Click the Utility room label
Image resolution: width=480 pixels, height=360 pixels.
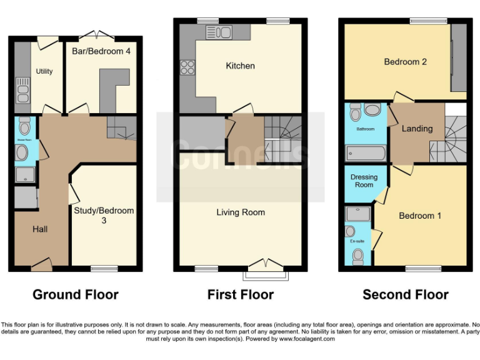44,71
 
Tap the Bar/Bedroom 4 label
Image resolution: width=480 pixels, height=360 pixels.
101,51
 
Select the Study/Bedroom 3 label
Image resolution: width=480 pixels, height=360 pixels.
104,216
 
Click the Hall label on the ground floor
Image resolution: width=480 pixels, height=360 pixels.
40,229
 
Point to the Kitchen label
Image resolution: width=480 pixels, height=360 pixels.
240,66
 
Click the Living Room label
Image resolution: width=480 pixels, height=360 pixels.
241,212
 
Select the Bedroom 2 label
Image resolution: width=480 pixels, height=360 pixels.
406,62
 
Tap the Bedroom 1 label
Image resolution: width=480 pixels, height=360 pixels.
421,216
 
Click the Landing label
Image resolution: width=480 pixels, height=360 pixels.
417,129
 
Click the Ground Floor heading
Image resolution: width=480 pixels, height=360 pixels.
75,294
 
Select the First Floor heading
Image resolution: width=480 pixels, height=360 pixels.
241,294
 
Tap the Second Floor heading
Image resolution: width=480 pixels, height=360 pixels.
406,294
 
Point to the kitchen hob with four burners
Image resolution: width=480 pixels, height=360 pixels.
187,67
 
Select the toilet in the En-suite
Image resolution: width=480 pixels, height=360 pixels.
358,256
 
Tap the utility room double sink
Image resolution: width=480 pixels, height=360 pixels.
23,91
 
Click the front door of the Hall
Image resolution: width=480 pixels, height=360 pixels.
41,265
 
